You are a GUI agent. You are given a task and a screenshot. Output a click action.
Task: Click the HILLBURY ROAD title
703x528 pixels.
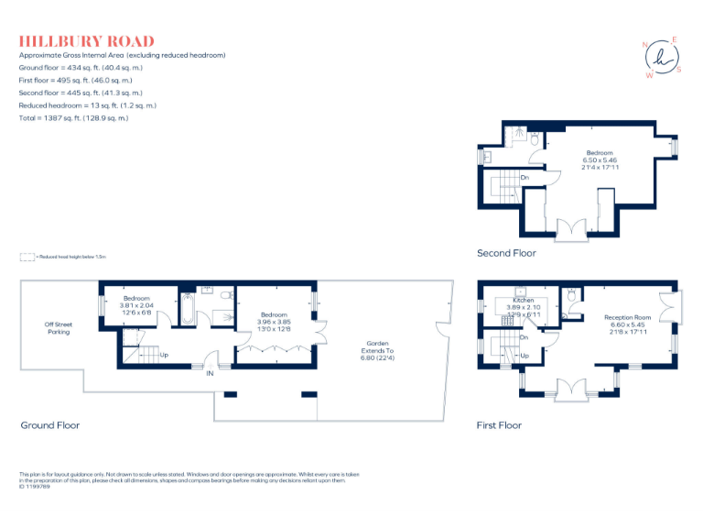[x=87, y=41]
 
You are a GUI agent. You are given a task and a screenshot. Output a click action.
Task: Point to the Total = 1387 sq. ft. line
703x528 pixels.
[x=74, y=118]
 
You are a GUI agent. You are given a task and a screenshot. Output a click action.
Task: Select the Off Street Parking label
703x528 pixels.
[x=58, y=328]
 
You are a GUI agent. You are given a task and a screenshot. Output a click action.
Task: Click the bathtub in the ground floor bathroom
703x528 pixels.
[x=187, y=310]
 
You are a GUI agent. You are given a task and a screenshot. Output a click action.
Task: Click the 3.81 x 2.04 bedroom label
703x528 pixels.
[x=137, y=304]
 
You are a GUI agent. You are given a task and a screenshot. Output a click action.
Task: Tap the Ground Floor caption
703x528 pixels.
[x=50, y=425]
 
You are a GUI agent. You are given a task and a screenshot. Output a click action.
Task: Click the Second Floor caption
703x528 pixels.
[x=506, y=253]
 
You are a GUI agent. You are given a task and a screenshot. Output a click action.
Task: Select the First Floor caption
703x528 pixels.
[x=499, y=425]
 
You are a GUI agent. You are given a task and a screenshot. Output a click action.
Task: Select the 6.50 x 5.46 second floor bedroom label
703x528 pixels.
[x=600, y=160]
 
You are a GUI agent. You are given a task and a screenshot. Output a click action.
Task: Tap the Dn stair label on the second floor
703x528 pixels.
[x=525, y=177]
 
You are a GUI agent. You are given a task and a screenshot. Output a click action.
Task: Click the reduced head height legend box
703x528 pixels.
[x=27, y=258]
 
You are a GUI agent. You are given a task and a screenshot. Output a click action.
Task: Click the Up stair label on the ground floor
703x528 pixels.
[x=164, y=355]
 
